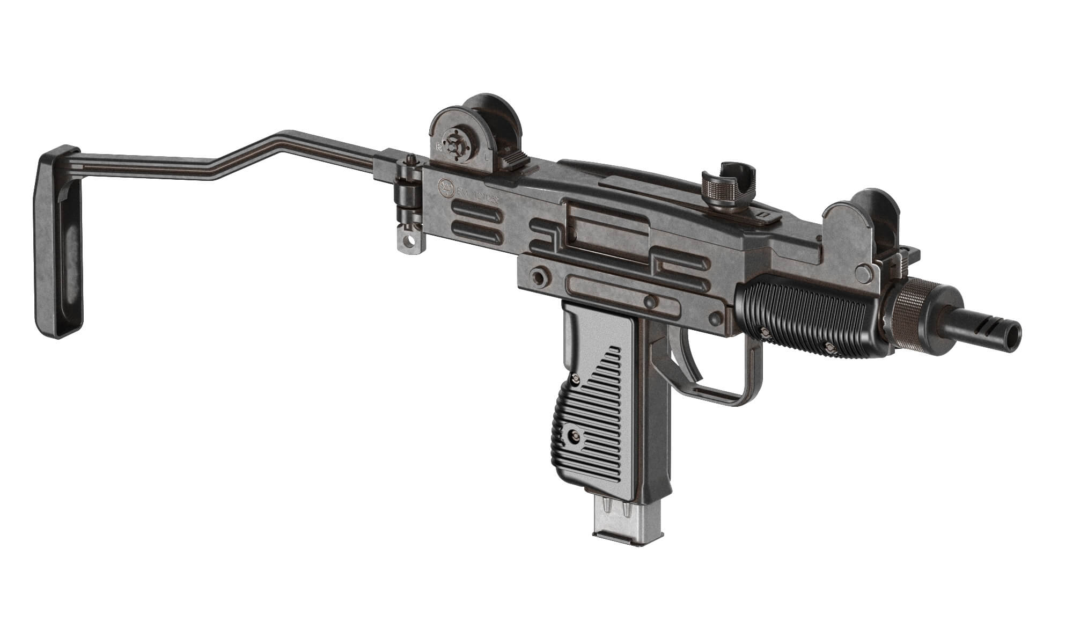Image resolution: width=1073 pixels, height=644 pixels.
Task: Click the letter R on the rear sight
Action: click(439, 146)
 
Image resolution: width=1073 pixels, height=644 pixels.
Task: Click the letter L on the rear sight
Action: click(486, 158)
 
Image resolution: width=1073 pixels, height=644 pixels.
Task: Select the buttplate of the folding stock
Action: click(59, 241)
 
